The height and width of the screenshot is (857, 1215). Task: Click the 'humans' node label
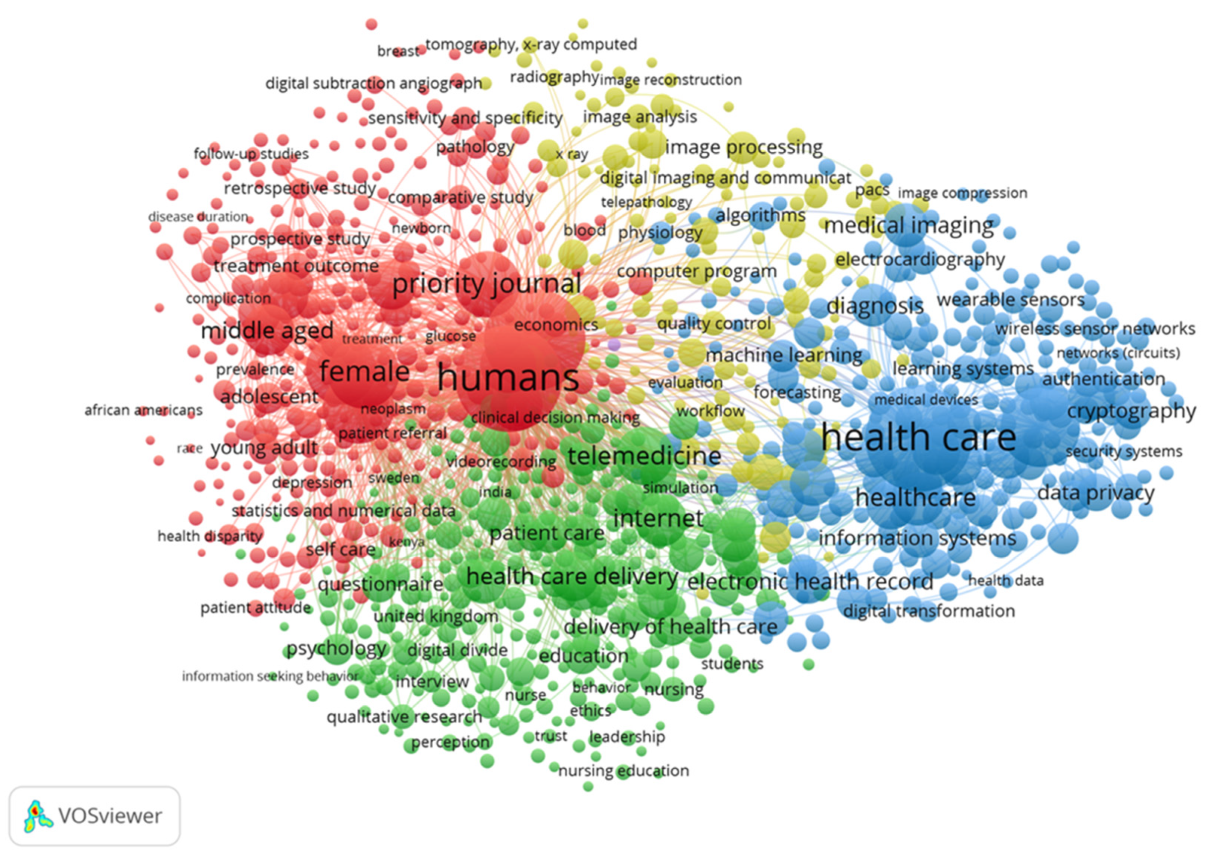click(508, 377)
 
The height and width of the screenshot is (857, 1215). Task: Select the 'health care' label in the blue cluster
click(918, 438)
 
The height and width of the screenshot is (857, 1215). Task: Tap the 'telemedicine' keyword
click(644, 456)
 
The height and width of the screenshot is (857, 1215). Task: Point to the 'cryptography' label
click(1131, 411)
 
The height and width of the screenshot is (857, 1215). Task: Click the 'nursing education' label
click(624, 770)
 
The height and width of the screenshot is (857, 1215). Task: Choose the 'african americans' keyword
click(143, 410)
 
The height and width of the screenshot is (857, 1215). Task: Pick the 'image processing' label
click(744, 147)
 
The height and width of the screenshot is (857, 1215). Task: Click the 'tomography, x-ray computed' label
click(531, 45)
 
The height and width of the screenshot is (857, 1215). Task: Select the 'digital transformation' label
click(928, 611)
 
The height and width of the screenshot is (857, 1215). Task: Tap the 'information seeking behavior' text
click(270, 676)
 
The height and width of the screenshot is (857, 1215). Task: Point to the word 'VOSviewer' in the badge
click(110, 816)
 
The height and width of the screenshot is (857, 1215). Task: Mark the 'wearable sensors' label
click(1011, 300)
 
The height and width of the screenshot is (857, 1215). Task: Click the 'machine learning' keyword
click(784, 355)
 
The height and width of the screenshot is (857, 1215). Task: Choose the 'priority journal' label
click(486, 284)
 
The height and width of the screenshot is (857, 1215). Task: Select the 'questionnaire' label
click(380, 584)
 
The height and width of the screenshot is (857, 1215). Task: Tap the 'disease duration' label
click(198, 217)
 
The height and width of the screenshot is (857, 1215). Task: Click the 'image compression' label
click(962, 193)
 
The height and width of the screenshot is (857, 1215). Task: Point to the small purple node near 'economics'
click(614, 345)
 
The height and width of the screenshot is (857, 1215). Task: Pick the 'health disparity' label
click(210, 536)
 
